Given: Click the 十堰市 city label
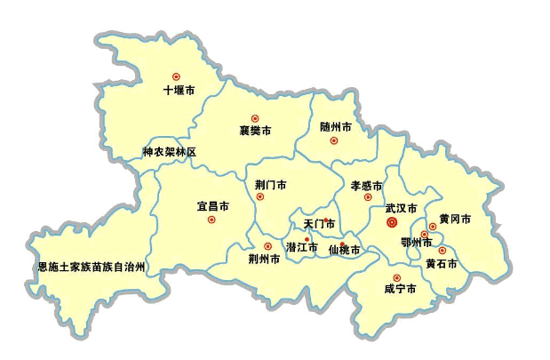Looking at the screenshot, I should coord(179,90).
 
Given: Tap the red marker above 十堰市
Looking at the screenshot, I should coord(176,76).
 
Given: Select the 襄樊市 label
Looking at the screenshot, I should coord(255,131).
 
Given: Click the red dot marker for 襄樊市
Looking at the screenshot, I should coord(255,118).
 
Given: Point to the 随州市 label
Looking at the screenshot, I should coord(336,127).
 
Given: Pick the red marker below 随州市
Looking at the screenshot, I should coord(334,140).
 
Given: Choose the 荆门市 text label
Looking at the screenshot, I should coord(270,185).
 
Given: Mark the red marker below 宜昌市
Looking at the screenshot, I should coord(211,220).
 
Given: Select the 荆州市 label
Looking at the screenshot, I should coord(264,260).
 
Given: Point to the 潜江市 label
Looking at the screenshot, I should coord(301,247).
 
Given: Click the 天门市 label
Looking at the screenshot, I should coord(319,223).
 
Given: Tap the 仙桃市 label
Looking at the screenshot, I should coord(344,251).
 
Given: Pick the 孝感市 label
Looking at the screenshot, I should coord(366,186).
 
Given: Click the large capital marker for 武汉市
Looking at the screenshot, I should coord(392,223).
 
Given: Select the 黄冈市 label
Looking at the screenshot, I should coord(455,219).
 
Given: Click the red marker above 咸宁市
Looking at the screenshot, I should coord(396,278).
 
